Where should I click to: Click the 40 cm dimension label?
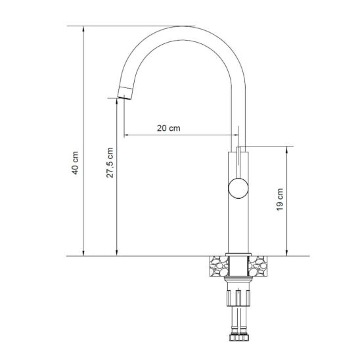coord(76,162)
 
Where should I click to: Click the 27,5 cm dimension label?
coord(110,162)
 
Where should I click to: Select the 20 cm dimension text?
coord(169,128)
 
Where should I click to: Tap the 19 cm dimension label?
coord(280,199)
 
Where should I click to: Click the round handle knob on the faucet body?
coord(238,188)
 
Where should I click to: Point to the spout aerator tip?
coord(125,93)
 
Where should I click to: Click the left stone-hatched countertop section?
coord(219,266)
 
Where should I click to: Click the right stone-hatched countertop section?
coord(258,266)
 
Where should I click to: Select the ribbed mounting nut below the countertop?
coord(238,298)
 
